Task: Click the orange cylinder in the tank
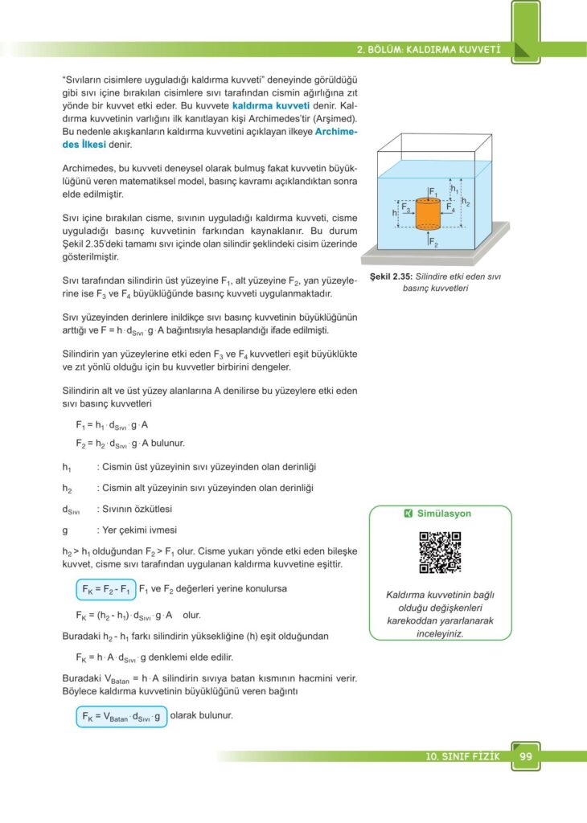429,213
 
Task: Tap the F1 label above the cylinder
433,193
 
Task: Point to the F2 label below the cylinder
433,242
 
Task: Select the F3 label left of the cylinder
407,207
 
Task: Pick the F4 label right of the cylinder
450,207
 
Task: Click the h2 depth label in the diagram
466,202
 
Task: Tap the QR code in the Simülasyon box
440,552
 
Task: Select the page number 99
526,756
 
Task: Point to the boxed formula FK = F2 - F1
105,589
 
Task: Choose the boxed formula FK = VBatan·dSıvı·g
121,716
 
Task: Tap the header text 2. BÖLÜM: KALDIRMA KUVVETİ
429,50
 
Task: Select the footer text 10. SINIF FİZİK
463,757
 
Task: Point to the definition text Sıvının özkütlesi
134,509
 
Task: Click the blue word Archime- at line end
336,131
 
